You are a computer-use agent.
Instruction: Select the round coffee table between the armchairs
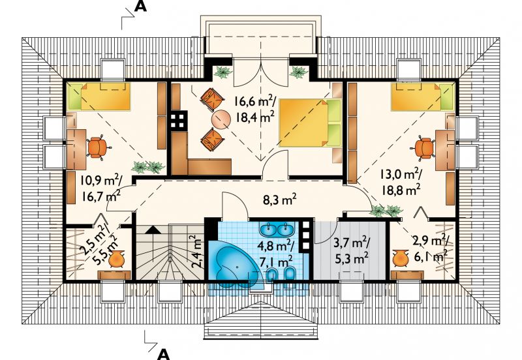point(221,120)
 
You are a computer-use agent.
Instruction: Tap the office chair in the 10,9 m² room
point(97,147)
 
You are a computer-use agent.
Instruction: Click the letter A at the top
point(140,7)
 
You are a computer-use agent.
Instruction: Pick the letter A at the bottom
point(163,354)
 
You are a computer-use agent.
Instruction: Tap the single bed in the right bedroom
point(422,97)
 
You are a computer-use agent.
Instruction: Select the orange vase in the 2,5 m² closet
point(116,259)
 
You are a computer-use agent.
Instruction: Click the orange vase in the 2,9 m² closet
point(401,258)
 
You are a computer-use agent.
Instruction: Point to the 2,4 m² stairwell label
point(196,252)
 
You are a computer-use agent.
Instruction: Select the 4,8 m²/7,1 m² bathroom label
point(275,254)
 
